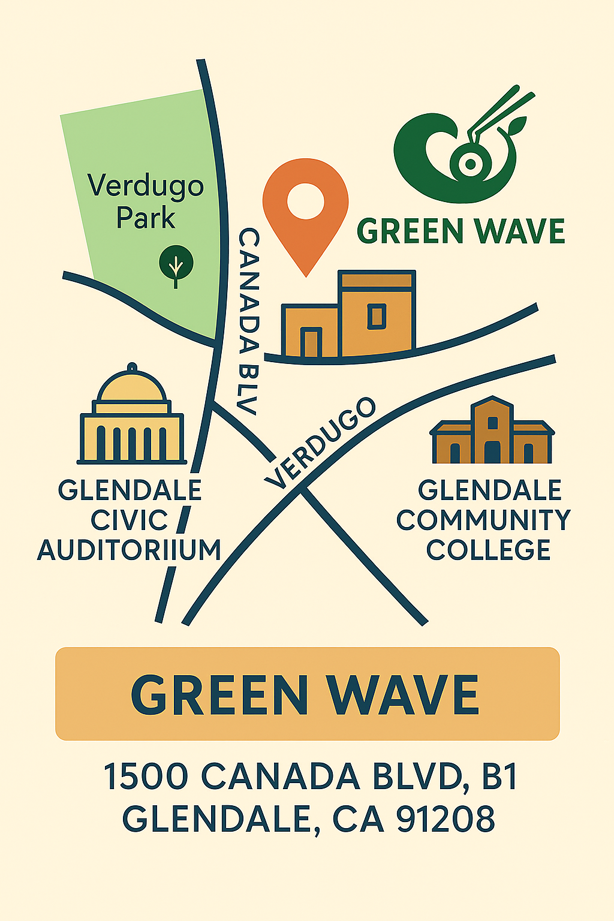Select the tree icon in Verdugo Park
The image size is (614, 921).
[176, 264]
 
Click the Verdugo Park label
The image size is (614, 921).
[146, 201]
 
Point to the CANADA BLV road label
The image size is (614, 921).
[248, 321]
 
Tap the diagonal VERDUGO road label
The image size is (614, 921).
[320, 443]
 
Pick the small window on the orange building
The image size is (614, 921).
[377, 316]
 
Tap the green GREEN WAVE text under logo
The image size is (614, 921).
[460, 231]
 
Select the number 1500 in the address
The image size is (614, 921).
[146, 776]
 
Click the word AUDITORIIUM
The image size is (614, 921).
[129, 550]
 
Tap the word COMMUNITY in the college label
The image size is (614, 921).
[483, 520]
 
